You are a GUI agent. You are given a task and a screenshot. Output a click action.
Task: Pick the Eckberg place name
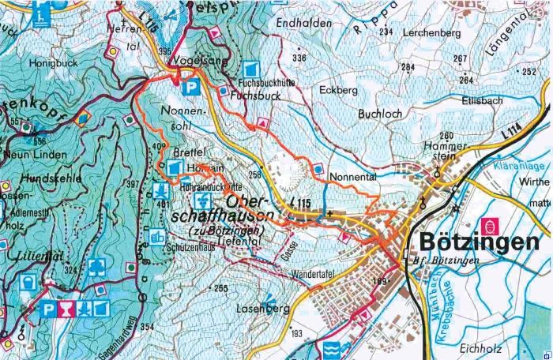click(333, 90)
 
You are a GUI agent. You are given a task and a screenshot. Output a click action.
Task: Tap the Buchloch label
click(380, 114)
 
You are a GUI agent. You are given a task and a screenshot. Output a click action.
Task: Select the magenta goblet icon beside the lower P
click(66, 308)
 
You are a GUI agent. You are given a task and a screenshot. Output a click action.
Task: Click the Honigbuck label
click(45, 60)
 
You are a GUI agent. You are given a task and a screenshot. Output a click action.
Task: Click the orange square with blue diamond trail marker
click(85, 119)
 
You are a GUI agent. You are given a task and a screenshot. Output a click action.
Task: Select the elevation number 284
click(408, 67)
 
